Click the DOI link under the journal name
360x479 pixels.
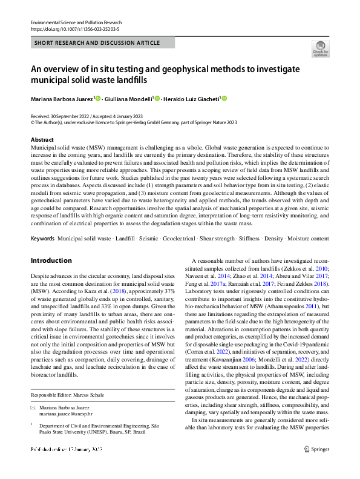(x=74, y=28)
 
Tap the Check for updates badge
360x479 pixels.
(x=320, y=48)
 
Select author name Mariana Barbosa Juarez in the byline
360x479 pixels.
(x=62, y=99)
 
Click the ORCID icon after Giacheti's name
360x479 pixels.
(x=224, y=98)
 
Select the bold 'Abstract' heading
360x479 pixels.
(x=42, y=139)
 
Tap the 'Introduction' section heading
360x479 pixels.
(x=51, y=260)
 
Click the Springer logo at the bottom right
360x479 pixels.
(x=316, y=466)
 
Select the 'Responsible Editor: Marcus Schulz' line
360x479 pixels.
(x=68, y=395)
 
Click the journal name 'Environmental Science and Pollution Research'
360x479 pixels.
(x=80, y=22)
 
